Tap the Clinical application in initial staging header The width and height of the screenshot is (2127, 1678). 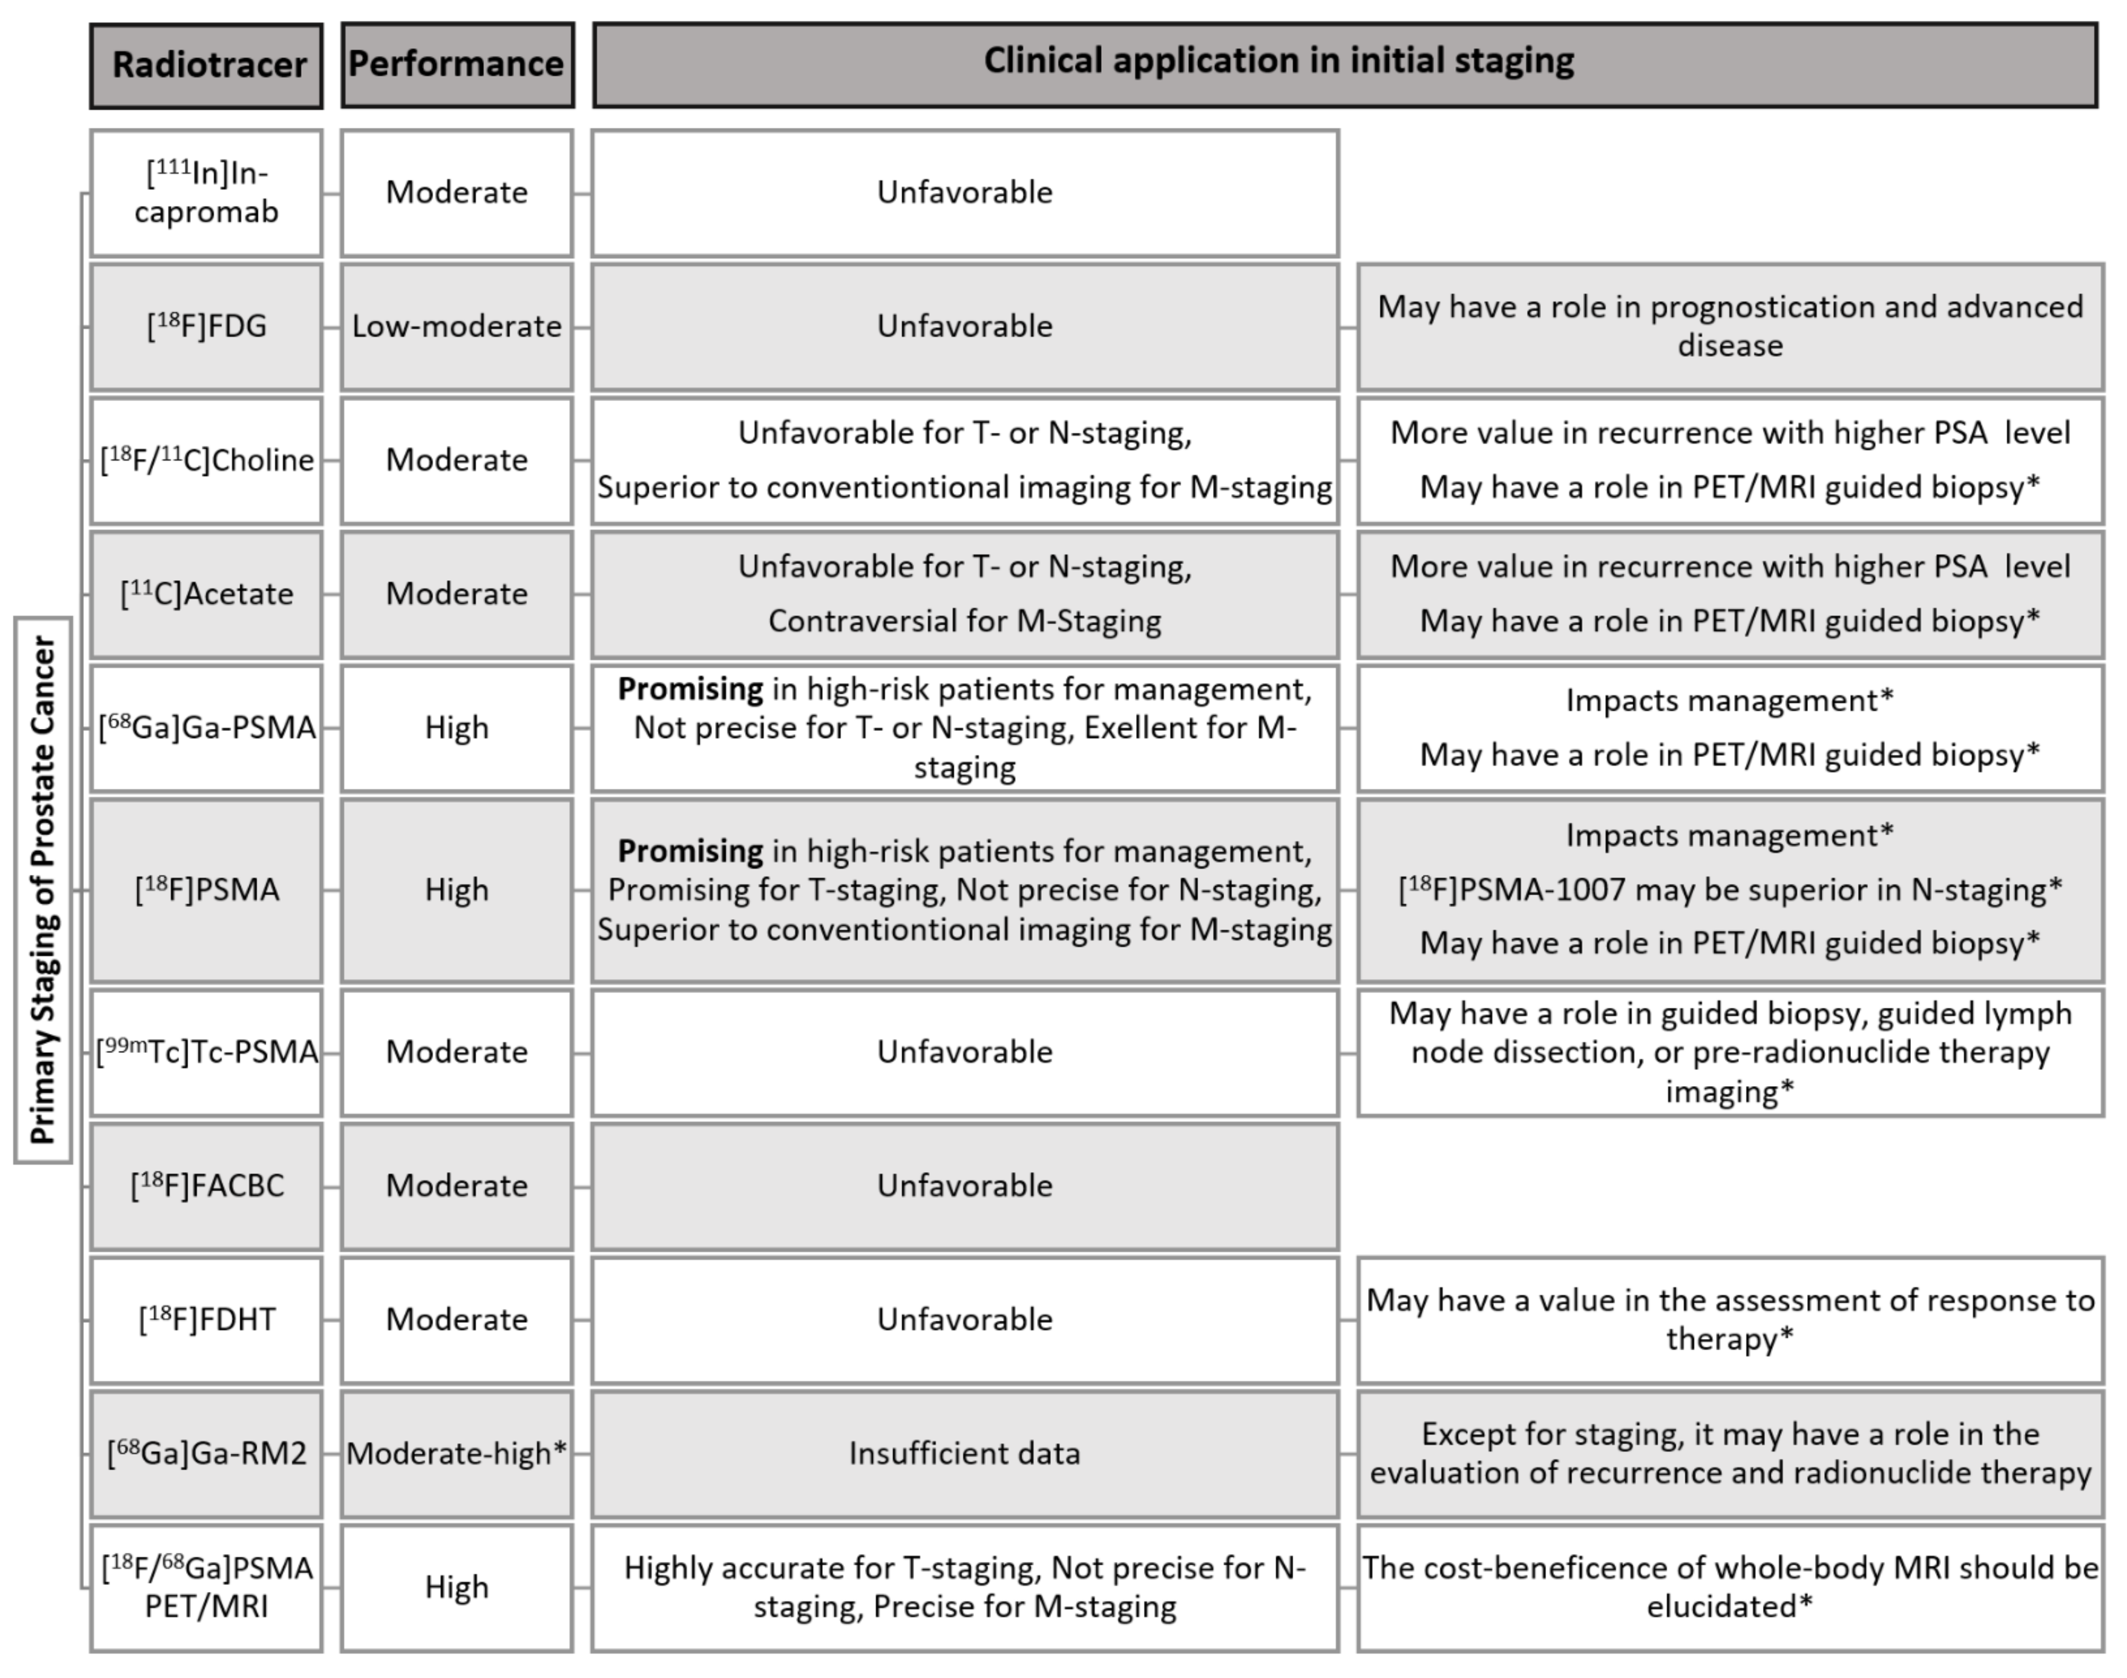coord(1344,65)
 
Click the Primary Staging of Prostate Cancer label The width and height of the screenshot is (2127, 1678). coord(43,889)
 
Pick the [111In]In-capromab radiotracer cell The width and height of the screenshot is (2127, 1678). coord(206,193)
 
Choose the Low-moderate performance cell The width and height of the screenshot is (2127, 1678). coord(457,326)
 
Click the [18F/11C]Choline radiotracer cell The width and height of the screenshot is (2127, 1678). coord(206,460)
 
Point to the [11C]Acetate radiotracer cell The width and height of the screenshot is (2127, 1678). coord(206,594)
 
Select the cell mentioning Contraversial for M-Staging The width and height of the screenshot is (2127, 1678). coord(965,594)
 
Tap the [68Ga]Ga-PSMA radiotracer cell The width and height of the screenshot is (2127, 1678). coord(206,728)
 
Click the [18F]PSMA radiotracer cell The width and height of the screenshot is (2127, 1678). coord(206,890)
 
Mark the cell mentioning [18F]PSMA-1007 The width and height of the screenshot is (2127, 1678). coord(1730,890)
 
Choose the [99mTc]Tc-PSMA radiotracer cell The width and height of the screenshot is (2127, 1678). coord(206,1052)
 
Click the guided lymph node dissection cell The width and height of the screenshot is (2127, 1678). coord(1730,1052)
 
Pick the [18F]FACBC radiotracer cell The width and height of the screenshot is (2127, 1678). coord(206,1186)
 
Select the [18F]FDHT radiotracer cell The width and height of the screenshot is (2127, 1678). coord(206,1319)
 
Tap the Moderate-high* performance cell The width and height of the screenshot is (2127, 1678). coord(457,1453)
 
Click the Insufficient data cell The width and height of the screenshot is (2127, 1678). coord(965,1453)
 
